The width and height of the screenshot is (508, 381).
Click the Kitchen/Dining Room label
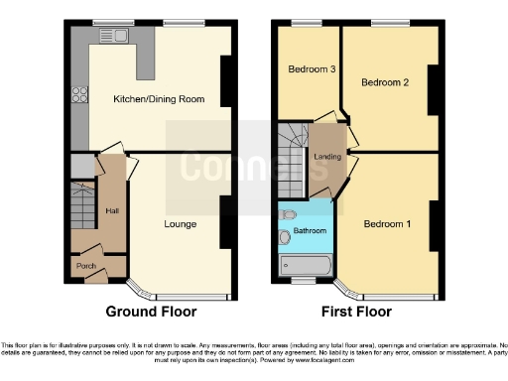[x=152, y=99]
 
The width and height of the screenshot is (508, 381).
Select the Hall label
[x=111, y=210]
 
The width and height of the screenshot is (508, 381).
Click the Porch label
[x=86, y=267]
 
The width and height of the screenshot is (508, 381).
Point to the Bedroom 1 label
[x=388, y=224]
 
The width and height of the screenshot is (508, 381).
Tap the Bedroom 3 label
[x=309, y=69]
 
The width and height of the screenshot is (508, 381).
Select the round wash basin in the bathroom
[x=286, y=236]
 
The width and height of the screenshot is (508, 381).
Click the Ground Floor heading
[x=151, y=311]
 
